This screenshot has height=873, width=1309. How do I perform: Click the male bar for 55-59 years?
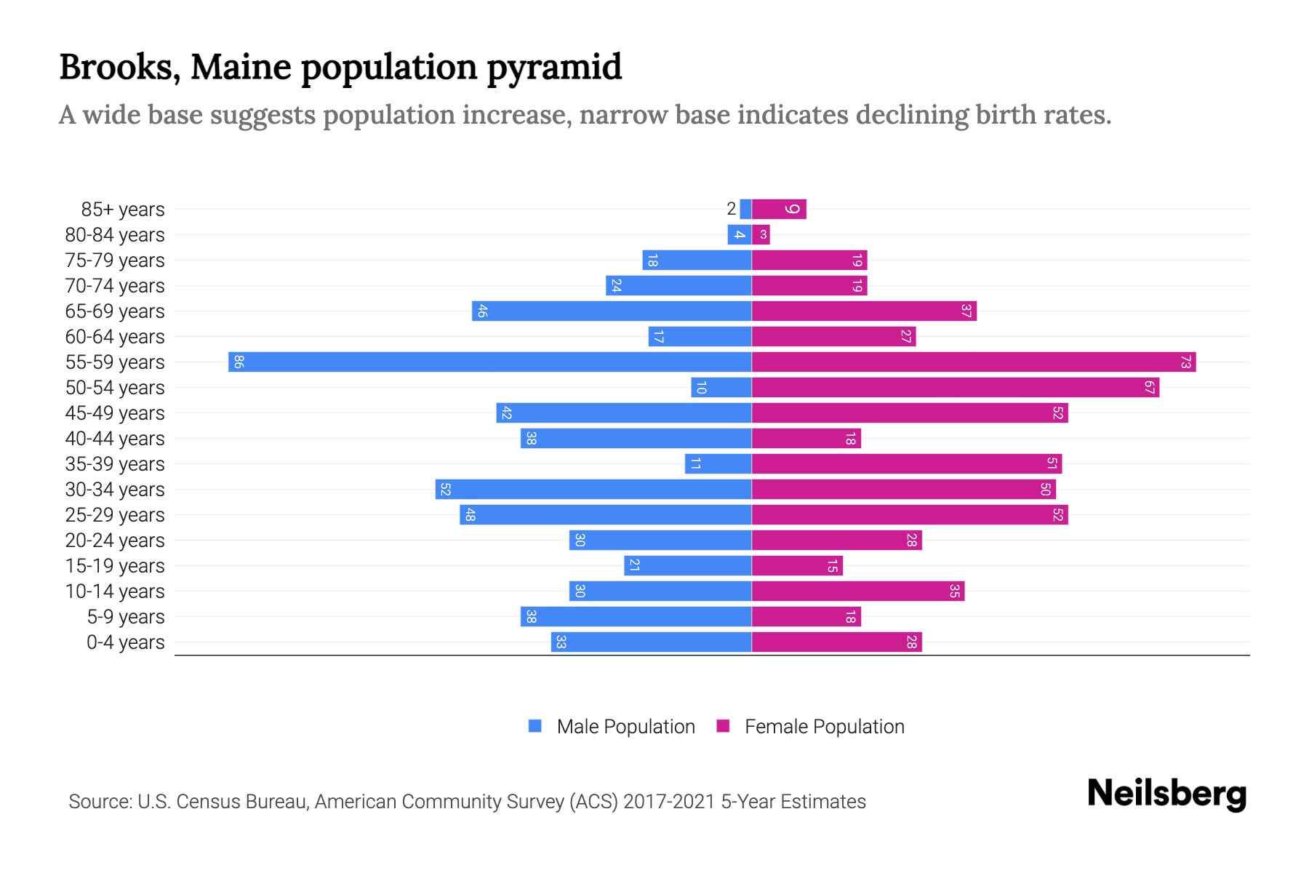[489, 362]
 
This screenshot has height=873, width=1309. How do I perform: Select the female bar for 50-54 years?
[955, 387]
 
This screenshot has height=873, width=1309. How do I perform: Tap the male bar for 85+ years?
[745, 209]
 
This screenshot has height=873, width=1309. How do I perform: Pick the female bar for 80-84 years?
[761, 234]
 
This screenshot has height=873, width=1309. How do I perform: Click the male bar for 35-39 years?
[718, 463]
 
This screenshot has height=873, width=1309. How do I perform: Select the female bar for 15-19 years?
[797, 565]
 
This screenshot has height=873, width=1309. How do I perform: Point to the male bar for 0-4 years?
[651, 642]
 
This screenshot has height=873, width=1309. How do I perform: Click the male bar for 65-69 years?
[611, 311]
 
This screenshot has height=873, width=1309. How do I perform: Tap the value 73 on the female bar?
[1185, 362]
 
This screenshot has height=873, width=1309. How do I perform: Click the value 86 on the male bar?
[239, 362]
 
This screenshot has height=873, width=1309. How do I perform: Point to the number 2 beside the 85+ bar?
[731, 209]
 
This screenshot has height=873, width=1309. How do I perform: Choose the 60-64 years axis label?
[115, 337]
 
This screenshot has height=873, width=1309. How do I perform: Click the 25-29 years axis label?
[115, 515]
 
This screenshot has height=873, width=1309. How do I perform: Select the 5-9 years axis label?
[126, 617]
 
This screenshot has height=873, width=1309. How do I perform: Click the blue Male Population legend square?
[535, 726]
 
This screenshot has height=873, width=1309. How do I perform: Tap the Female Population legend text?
[824, 727]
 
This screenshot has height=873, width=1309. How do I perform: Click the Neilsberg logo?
[1166, 794]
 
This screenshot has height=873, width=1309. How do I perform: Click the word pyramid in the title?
[554, 67]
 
